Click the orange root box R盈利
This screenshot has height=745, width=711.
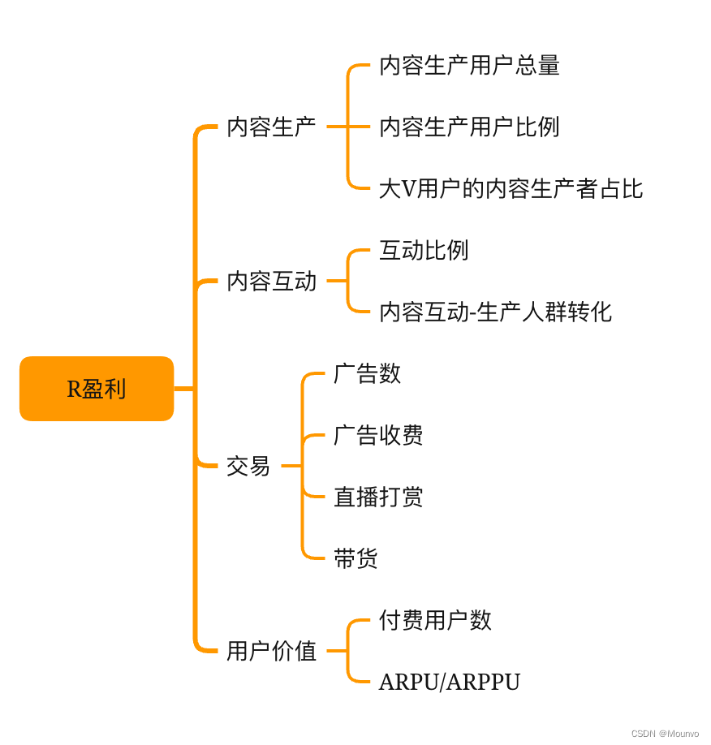[x=97, y=389]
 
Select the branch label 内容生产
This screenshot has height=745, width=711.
[x=271, y=127]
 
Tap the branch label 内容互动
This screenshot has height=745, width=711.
[x=271, y=281]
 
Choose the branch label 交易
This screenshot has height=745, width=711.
[x=248, y=466]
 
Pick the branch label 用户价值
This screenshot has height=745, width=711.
[x=271, y=651]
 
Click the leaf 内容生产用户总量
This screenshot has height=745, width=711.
[x=469, y=65]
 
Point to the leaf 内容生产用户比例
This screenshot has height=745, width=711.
[x=469, y=127]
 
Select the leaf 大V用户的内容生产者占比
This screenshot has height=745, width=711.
[x=511, y=188]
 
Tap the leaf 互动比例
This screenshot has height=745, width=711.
[x=424, y=250]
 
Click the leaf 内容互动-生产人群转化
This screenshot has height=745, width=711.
[x=495, y=312]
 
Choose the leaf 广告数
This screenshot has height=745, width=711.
[x=367, y=373]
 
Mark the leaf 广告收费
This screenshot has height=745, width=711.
[x=378, y=435]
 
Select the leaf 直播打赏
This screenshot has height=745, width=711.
[x=378, y=497]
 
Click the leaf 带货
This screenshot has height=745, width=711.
[x=355, y=558]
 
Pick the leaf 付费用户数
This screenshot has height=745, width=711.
[x=435, y=620]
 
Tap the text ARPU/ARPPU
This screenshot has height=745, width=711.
[x=450, y=682]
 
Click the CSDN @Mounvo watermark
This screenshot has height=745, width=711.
[x=665, y=734]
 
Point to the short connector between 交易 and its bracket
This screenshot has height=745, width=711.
[x=291, y=466]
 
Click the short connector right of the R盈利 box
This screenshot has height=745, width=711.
[x=184, y=389]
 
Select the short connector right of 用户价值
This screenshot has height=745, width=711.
[x=337, y=651]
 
